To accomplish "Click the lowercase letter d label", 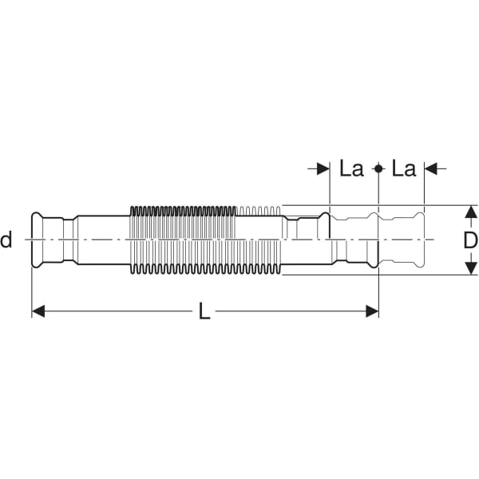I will click(x=6, y=239).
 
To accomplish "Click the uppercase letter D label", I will click(x=470, y=239).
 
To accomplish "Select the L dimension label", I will click(x=204, y=312).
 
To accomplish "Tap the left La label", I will click(x=351, y=168).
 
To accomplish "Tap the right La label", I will click(x=405, y=168).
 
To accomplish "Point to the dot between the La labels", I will click(x=378, y=168).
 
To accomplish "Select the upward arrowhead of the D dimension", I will click(x=471, y=211).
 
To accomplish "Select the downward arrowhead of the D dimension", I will click(x=471, y=268).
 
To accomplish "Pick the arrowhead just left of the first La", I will click(x=323, y=168).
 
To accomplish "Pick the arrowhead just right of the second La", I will click(x=430, y=168).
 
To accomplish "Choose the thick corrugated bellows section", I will click(x=184, y=239).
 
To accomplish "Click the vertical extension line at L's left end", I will click(x=32, y=287).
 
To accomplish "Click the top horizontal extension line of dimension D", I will click(x=447, y=204).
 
